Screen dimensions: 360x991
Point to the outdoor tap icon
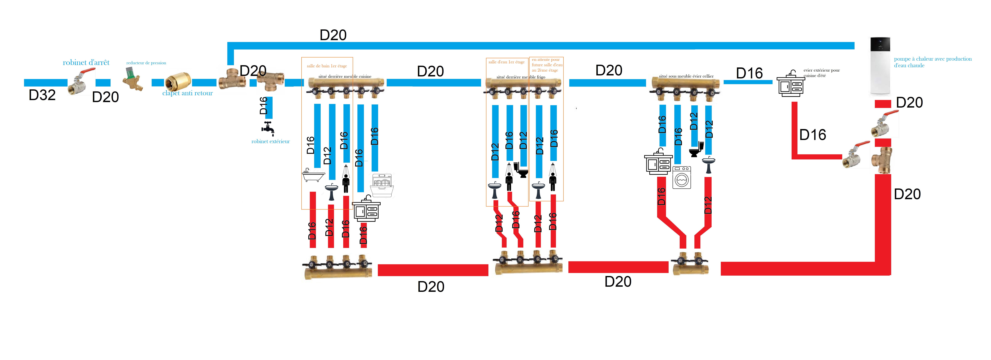(x=268, y=128)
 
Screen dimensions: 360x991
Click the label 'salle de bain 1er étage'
(x=327, y=66)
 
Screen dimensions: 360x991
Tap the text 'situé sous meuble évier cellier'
(x=686, y=76)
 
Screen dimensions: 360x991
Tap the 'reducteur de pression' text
(x=146, y=63)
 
